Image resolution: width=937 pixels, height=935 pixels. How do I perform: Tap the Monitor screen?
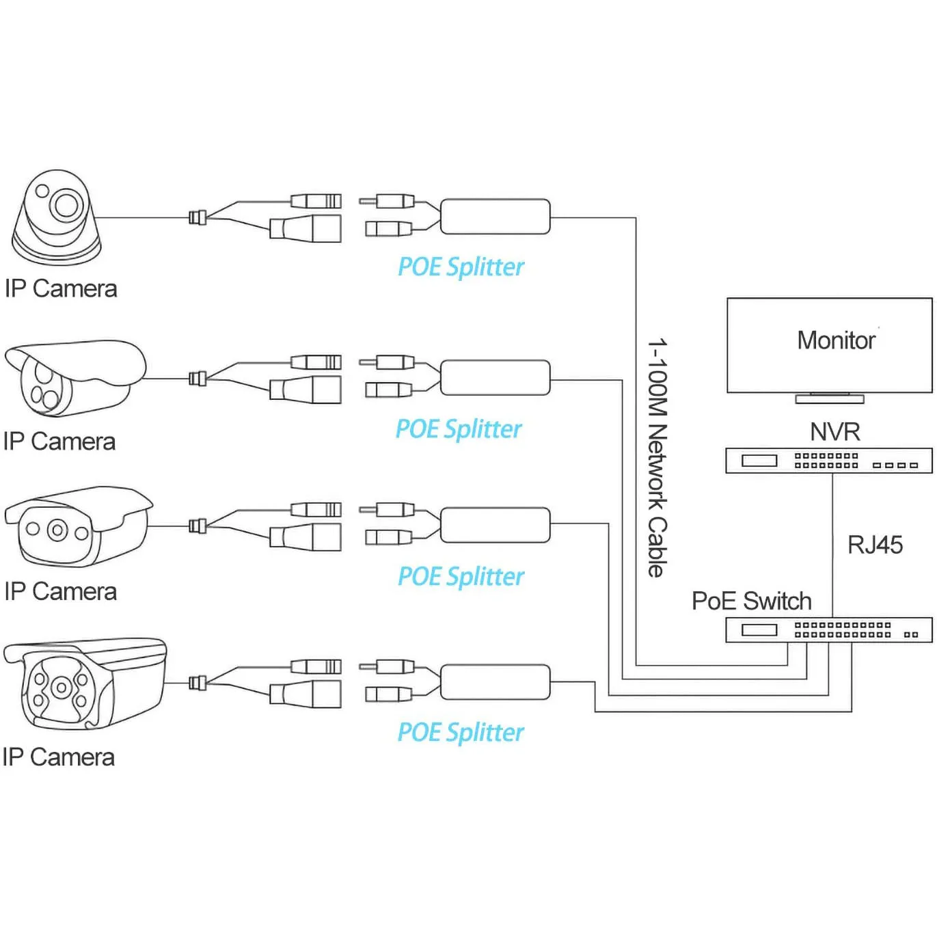pyautogui.click(x=829, y=345)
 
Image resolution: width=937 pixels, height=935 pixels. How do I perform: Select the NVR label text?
pyautogui.click(x=834, y=432)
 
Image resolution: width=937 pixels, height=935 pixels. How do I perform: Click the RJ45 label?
pyautogui.click(x=875, y=545)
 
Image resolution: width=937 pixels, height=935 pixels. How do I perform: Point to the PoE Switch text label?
pyautogui.click(x=751, y=601)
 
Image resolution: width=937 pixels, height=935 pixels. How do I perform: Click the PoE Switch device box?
pyautogui.click(x=828, y=629)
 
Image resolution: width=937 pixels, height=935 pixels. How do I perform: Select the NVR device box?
pyautogui.click(x=828, y=461)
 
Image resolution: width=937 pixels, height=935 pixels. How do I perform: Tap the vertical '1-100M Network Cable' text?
pyautogui.click(x=657, y=458)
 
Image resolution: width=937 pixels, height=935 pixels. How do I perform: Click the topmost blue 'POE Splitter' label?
pyautogui.click(x=461, y=267)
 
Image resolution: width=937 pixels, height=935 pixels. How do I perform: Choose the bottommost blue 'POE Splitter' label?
pyautogui.click(x=460, y=733)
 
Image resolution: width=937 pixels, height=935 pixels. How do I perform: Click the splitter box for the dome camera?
pyautogui.click(x=495, y=217)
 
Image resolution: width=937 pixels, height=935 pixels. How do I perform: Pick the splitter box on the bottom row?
pyautogui.click(x=495, y=681)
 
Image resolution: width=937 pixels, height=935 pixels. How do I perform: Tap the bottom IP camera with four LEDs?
pyautogui.click(x=83, y=684)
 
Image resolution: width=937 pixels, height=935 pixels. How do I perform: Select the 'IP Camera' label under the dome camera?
pyautogui.click(x=61, y=289)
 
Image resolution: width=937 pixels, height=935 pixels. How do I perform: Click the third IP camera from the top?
pyautogui.click(x=77, y=526)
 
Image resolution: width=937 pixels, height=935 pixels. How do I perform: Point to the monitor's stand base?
pyautogui.click(x=829, y=398)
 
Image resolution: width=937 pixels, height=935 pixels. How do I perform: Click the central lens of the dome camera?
pyautogui.click(x=66, y=204)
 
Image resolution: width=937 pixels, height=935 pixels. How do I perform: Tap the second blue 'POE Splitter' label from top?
pyautogui.click(x=458, y=429)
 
